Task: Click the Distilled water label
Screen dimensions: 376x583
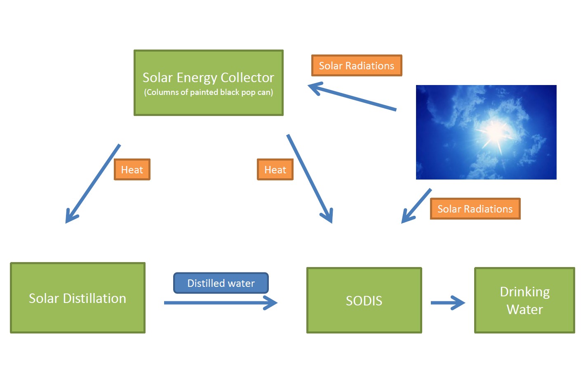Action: (221, 283)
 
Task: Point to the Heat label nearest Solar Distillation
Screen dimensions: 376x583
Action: (132, 170)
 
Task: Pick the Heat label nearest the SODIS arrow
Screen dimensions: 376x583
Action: (275, 170)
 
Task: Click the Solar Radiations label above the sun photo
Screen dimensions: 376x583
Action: (356, 66)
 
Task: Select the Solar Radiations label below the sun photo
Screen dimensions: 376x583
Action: (475, 209)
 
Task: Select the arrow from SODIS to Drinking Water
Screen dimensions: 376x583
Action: (447, 303)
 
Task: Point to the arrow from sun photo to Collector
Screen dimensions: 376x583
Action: (353, 97)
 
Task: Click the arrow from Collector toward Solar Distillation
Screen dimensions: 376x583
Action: (93, 183)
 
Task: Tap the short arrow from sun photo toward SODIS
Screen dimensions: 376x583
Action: (416, 206)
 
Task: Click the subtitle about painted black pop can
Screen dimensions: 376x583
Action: (208, 92)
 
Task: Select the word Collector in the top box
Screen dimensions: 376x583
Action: (247, 78)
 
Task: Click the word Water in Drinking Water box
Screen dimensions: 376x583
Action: (524, 310)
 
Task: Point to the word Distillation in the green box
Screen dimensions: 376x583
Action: (95, 298)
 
